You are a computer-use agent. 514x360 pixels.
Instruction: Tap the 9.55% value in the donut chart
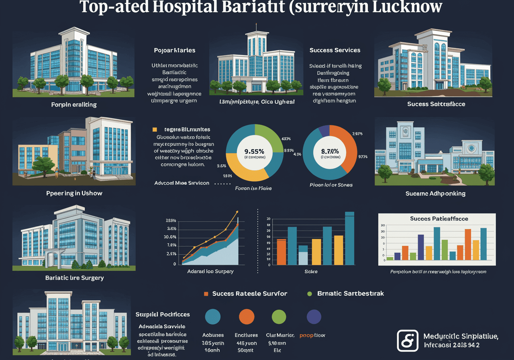point(254,151)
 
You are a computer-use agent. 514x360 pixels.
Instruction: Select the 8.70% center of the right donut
point(330,151)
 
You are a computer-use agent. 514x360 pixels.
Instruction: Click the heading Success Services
point(335,50)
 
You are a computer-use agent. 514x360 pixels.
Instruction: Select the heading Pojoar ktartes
point(175,50)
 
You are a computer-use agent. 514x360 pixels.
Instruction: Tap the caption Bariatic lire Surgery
point(74,278)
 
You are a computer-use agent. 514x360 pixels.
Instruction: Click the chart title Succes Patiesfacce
point(439,219)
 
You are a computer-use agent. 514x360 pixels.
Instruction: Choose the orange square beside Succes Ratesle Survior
point(206,294)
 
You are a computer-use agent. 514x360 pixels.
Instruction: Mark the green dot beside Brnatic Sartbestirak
point(309,294)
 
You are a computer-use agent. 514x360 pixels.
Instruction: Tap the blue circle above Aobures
point(213,317)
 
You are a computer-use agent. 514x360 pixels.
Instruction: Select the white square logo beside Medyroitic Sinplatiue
point(407,340)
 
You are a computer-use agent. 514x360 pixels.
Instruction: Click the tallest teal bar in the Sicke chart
point(349,238)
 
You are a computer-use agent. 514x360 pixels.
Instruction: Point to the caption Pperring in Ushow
point(74,193)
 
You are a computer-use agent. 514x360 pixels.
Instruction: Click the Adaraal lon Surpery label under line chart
point(210,271)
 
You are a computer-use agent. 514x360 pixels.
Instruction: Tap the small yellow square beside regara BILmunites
point(154,130)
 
